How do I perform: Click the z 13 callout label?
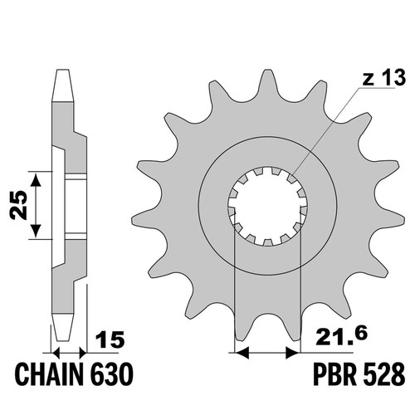(x=384, y=78)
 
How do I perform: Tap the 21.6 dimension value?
(x=341, y=335)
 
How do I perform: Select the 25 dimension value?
(x=18, y=205)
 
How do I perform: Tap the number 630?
(x=113, y=373)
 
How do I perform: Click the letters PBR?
(x=334, y=373)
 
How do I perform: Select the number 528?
(x=383, y=373)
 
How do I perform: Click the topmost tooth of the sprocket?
(x=267, y=83)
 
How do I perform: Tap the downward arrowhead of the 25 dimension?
(x=36, y=230)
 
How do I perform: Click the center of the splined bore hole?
(x=267, y=207)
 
